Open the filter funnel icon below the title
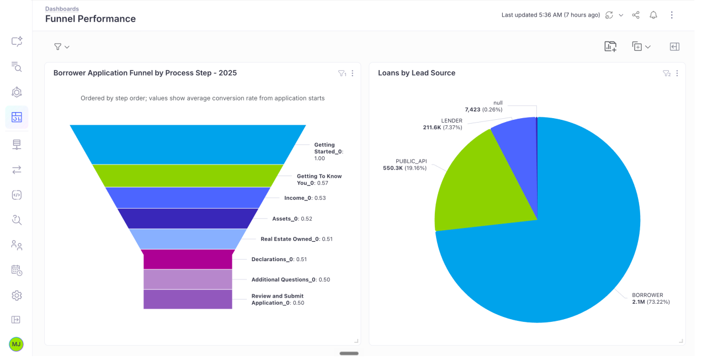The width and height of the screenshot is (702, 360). [59, 47]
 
